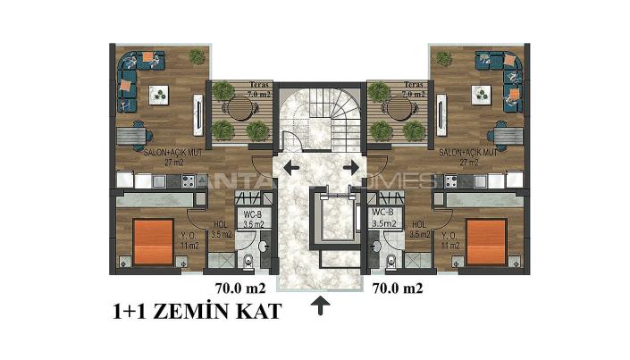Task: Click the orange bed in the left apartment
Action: pos(152,240)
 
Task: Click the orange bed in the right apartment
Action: pos(485,240)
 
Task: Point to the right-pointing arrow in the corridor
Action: pos(351,167)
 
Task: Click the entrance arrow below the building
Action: pos(320,309)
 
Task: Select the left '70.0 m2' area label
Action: pos(241,289)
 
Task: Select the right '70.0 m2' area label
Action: pos(398,289)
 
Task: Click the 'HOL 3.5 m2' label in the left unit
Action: pos(221,230)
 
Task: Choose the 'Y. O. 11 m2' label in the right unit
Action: pos(449,240)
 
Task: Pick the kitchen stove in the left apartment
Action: pos(189,180)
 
